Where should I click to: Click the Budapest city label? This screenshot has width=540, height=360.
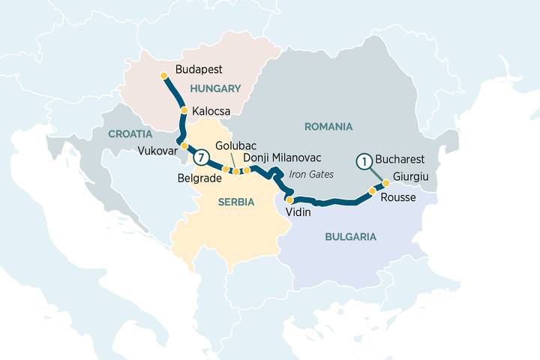[x=199, y=70]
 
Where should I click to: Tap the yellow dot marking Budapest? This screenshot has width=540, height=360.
[x=164, y=75]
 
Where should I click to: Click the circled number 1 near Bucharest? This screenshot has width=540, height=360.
[x=364, y=160]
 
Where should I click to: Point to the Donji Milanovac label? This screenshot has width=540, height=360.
[x=282, y=157]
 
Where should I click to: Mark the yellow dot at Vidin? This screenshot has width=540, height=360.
[x=289, y=199]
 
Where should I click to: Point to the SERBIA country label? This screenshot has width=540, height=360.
[x=235, y=202]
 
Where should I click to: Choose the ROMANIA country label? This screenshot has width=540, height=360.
[x=328, y=126]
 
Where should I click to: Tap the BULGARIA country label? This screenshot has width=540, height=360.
[x=350, y=236]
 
